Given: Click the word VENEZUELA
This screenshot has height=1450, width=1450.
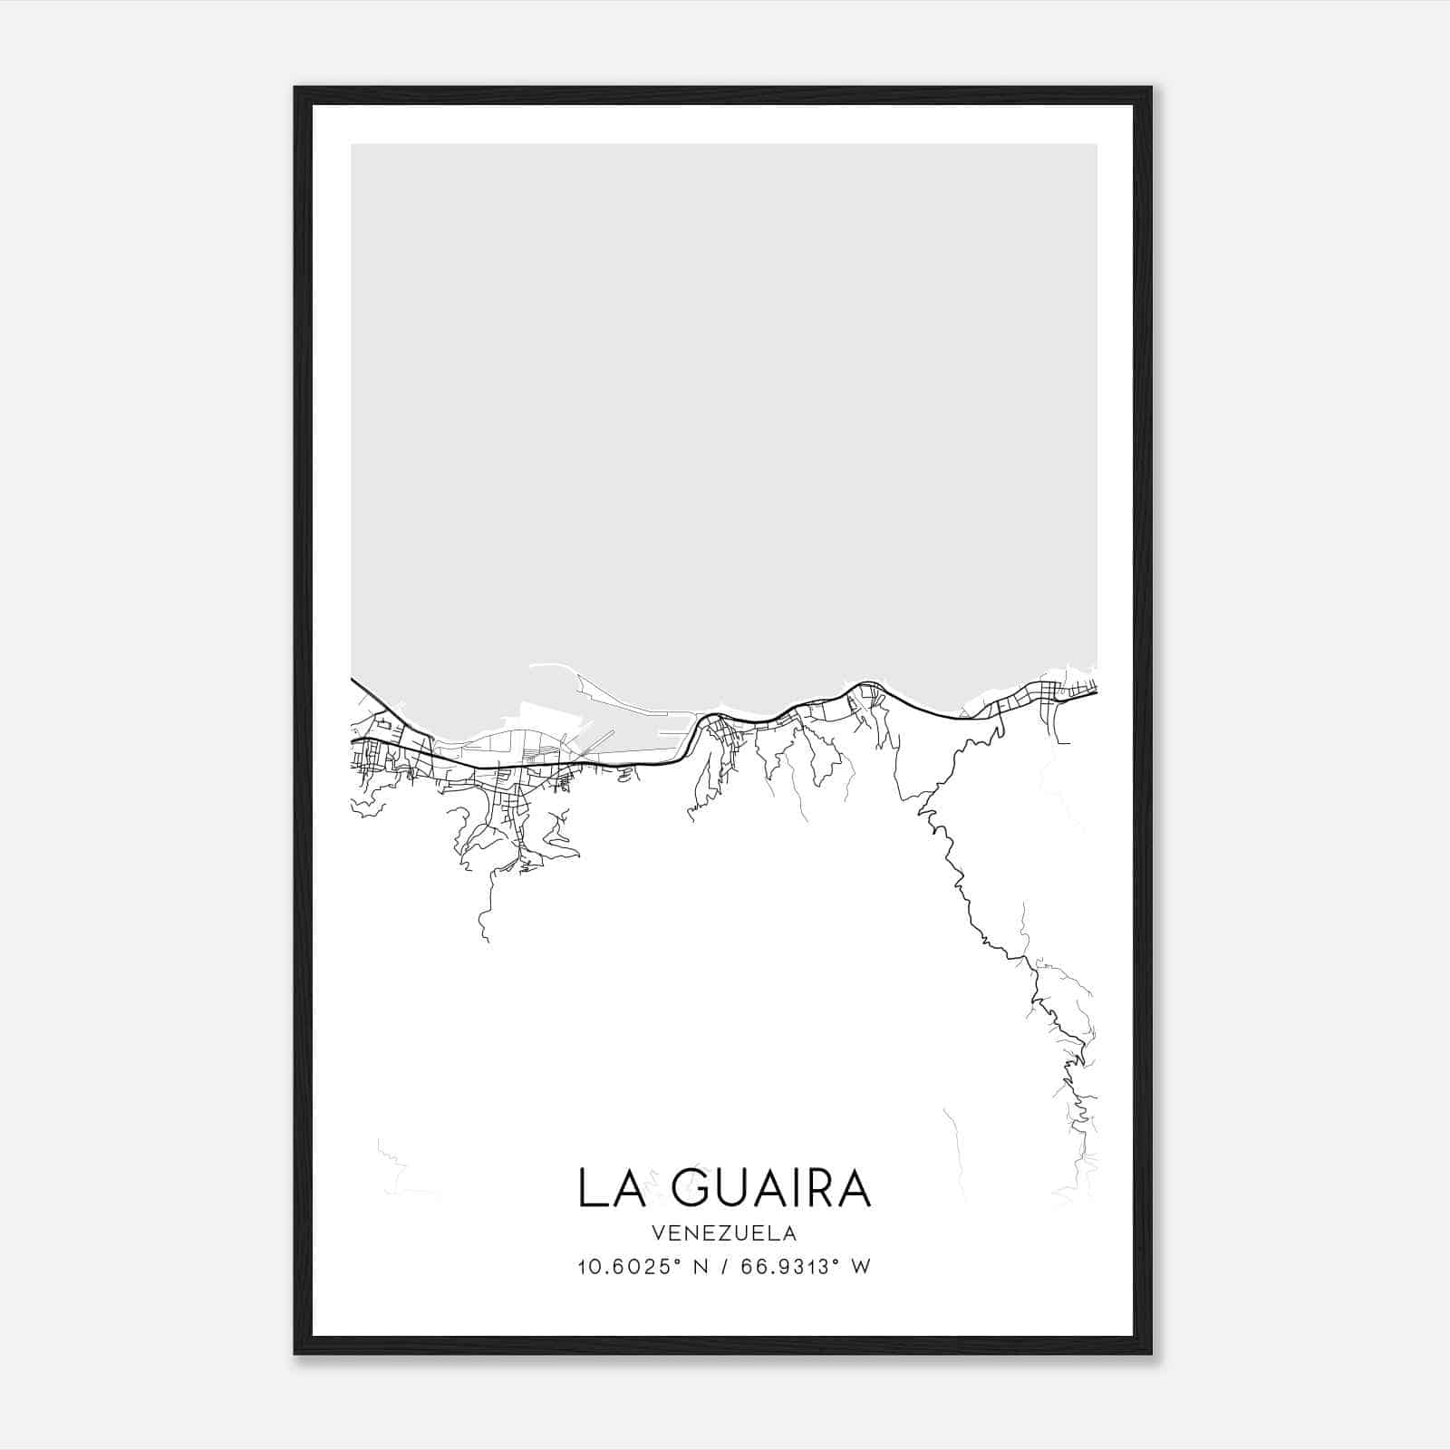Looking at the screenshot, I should click(x=724, y=1233).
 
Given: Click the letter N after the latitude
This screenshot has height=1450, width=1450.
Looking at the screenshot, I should click(x=699, y=1267).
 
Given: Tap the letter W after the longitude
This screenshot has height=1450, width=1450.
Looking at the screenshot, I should click(x=861, y=1267).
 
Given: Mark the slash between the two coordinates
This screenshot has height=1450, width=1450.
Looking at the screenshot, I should click(x=722, y=1267).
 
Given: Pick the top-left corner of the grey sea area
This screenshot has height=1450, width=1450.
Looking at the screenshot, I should click(x=353, y=145).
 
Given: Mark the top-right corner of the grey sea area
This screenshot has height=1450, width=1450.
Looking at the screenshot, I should click(x=1096, y=145).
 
